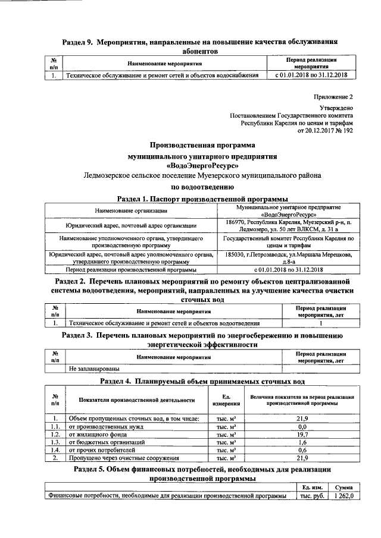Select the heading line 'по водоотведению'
click(x=201, y=185)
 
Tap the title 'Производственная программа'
click(x=201, y=144)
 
